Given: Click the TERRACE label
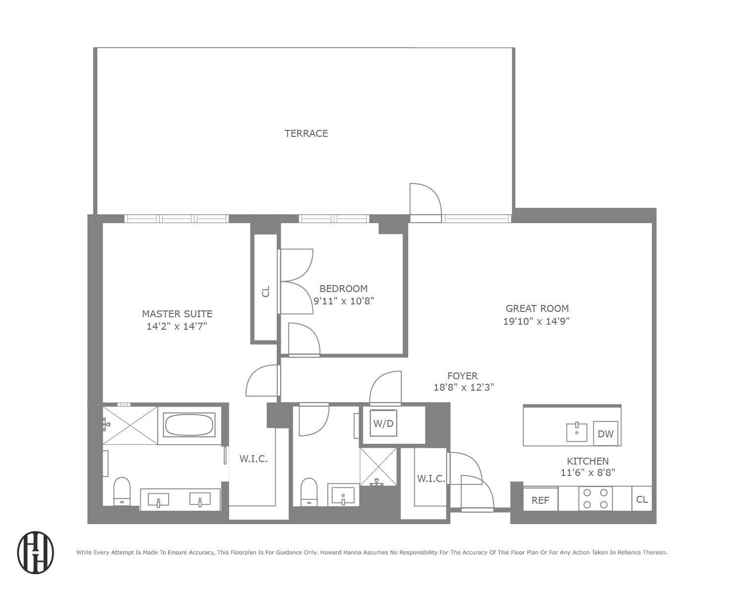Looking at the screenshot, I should tap(306, 133).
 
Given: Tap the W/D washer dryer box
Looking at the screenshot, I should tap(383, 424).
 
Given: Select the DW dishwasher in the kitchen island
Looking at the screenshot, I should tap(606, 434).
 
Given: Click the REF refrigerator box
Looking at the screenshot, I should tap(540, 500).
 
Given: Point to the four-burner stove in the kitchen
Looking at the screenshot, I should tap(595, 499).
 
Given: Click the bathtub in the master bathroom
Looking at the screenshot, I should tap(189, 425).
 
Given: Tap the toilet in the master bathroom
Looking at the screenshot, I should tap(122, 490).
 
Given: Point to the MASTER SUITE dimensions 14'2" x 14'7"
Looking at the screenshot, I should tap(177, 326).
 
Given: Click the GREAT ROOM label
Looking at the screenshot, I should tap(537, 308).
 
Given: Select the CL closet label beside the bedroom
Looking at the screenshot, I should tap(266, 291).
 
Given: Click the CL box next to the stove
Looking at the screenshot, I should tap(642, 499).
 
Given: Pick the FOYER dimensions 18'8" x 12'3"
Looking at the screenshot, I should tap(464, 387).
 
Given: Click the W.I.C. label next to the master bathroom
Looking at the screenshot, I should tap(253, 459).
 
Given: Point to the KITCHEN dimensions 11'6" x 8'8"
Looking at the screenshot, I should tap(588, 473).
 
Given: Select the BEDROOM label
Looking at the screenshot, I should tap(343, 289).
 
